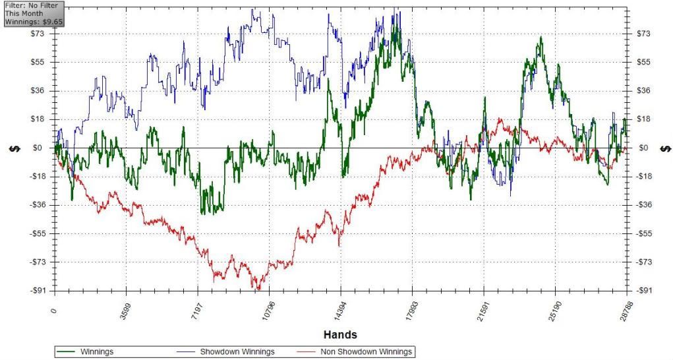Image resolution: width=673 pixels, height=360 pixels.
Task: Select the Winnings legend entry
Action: pos(96,352)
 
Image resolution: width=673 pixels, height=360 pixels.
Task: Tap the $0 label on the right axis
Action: pos(644,148)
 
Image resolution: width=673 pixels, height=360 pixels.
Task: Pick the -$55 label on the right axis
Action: pos(647,233)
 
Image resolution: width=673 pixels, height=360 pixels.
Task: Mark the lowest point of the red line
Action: pos(258,289)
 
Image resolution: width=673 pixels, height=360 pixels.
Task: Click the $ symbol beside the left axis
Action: pos(13,148)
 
